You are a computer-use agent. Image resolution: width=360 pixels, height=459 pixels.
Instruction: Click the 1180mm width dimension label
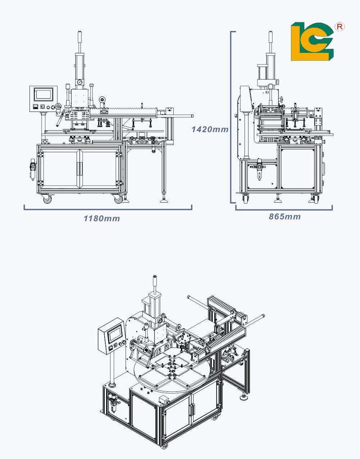[x=102, y=218]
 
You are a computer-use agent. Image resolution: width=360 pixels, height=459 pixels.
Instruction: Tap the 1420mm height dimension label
[x=210, y=129]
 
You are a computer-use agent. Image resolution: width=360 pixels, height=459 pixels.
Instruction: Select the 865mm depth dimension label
[x=284, y=217]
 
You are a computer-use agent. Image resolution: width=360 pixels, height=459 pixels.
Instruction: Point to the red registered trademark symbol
[x=340, y=27]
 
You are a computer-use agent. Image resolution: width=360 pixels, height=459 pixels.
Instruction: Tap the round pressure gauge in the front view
[x=78, y=82]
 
